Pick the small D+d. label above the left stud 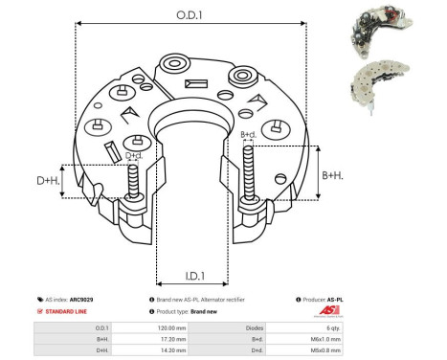(x=135, y=154)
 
